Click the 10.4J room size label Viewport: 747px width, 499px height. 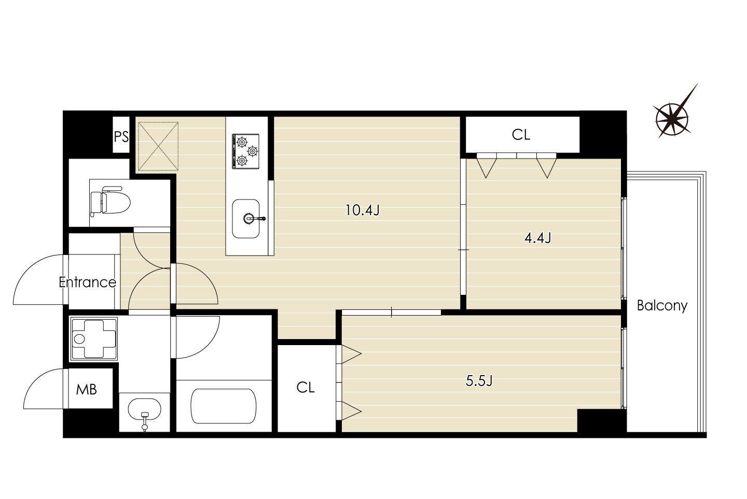[x=363, y=210]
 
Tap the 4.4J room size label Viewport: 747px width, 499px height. [x=537, y=238]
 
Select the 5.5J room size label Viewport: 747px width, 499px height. [x=479, y=380]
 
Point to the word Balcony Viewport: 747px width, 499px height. [x=662, y=306]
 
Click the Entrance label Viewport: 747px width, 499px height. [x=87, y=282]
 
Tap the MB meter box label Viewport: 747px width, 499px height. [x=86, y=390]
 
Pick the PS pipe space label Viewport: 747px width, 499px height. [x=121, y=137]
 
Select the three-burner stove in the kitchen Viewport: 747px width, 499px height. [x=246, y=151]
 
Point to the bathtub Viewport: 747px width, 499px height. [x=224, y=406]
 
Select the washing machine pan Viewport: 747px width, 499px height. [x=94, y=339]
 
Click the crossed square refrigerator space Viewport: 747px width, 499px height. [x=158, y=147]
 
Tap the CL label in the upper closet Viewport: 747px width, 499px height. [x=521, y=135]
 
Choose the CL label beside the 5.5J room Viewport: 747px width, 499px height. [x=306, y=387]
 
